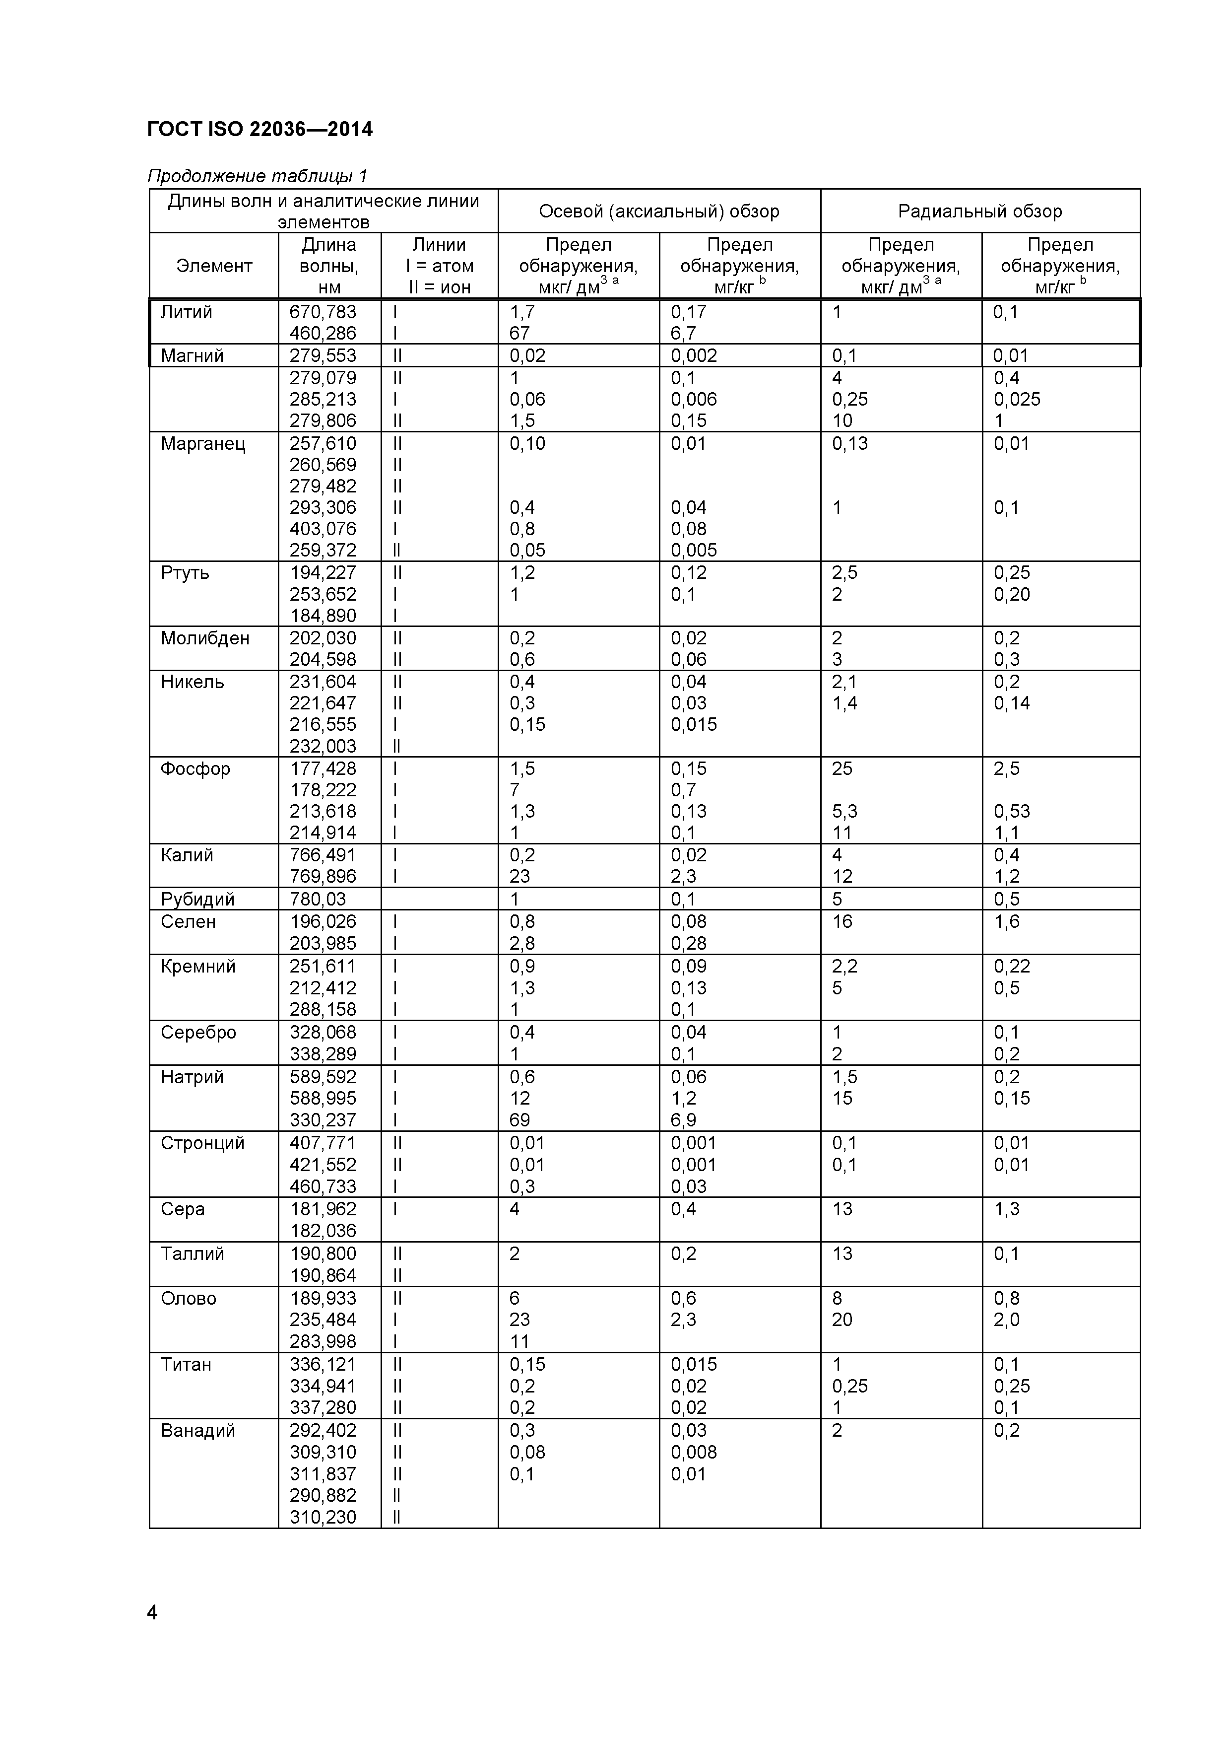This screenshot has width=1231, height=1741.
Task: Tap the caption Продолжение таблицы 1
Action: tap(257, 176)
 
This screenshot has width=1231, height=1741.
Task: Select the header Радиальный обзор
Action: tap(979, 211)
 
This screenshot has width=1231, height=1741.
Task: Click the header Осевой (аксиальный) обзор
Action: tap(659, 211)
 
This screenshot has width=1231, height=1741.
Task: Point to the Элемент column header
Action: tap(214, 266)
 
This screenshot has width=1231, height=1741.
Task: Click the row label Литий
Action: tap(187, 312)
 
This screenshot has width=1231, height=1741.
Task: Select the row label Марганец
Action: tap(203, 444)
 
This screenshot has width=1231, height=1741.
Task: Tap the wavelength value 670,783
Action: tap(323, 312)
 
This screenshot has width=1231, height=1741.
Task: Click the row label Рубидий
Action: tap(197, 900)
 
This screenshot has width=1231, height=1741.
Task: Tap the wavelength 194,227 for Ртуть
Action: tap(323, 572)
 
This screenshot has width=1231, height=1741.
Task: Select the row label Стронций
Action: tap(202, 1143)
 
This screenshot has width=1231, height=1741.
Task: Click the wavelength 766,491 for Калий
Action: tap(323, 855)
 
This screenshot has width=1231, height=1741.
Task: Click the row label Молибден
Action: tap(204, 638)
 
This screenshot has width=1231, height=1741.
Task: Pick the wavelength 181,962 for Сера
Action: tap(323, 1209)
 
